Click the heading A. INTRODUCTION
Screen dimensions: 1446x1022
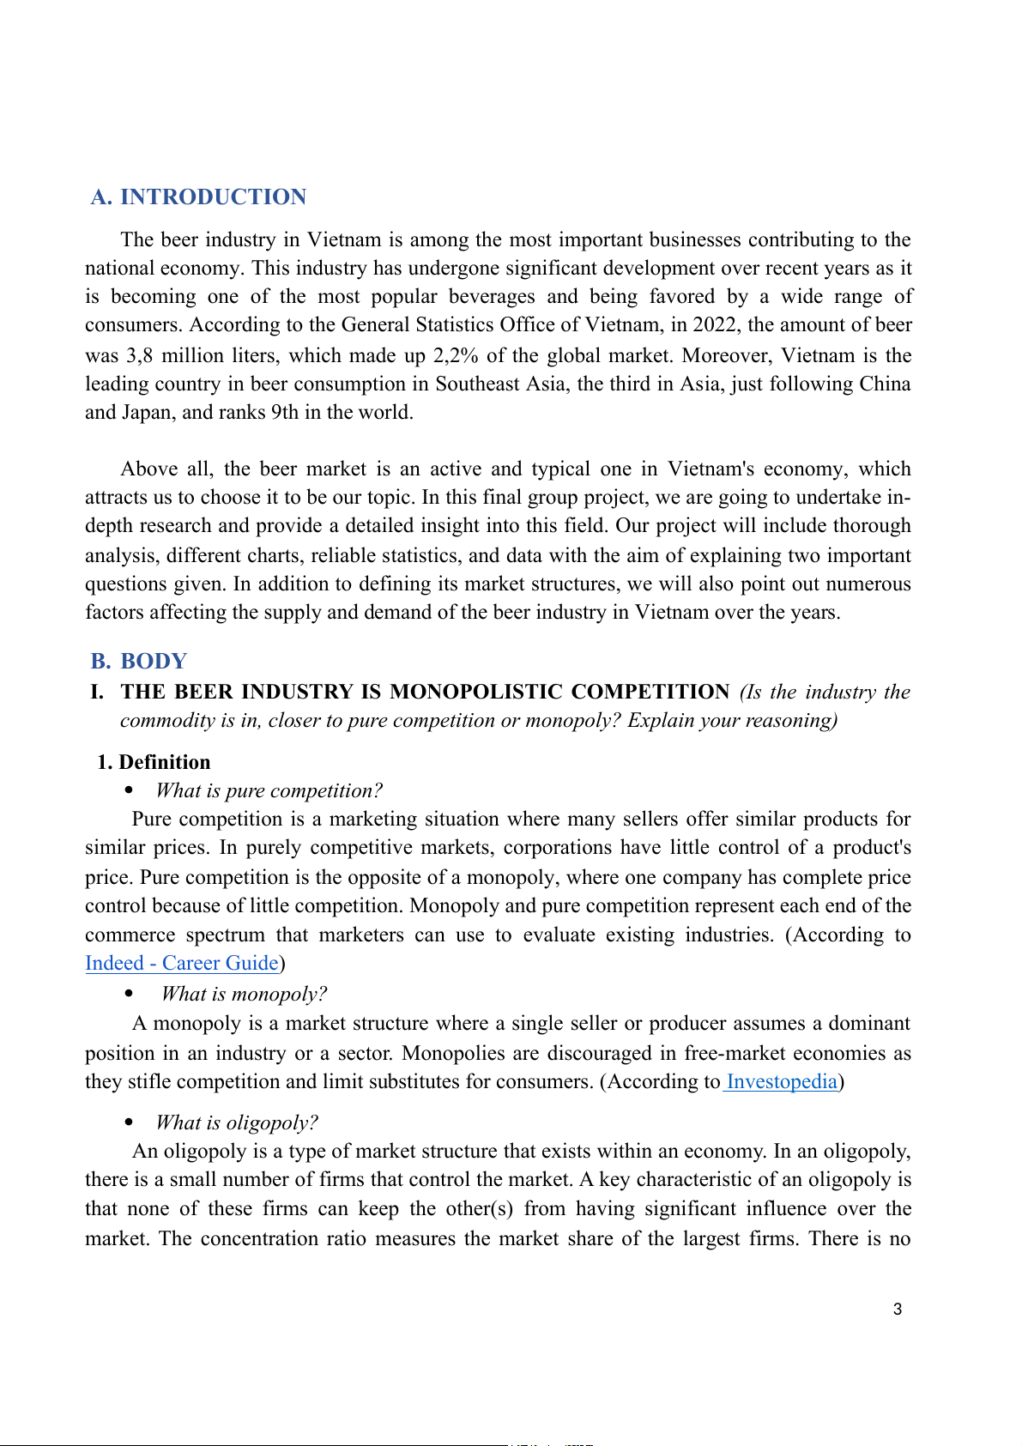[199, 197]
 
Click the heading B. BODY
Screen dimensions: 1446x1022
[139, 662]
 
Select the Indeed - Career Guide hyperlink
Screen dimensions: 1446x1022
[182, 964]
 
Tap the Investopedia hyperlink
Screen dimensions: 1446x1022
[781, 1082]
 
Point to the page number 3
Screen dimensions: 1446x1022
[898, 1310]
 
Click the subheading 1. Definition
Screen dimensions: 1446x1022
[154, 763]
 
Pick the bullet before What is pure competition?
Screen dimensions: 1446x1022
[130, 791]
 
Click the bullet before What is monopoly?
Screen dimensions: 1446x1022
[130, 995]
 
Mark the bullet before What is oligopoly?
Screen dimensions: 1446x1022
[130, 1122]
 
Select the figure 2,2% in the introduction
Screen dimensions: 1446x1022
[456, 356]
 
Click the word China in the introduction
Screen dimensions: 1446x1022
[885, 384]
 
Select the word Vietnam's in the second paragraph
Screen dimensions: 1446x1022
[709, 469]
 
